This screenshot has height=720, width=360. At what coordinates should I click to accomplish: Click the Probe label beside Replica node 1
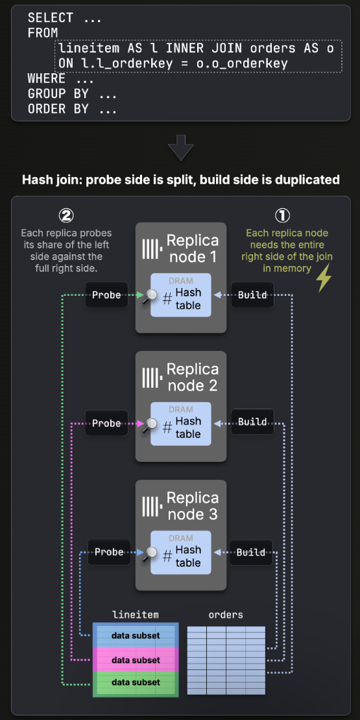[106, 294]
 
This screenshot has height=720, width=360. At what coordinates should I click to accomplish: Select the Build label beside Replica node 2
[252, 422]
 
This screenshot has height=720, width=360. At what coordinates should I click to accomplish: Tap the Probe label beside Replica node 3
[109, 552]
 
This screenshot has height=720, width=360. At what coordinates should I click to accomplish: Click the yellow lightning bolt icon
[324, 278]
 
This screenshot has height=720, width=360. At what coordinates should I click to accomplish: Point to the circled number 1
[283, 215]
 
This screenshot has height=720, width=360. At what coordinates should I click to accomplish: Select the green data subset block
[136, 682]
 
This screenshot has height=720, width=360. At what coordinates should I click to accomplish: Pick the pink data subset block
[136, 660]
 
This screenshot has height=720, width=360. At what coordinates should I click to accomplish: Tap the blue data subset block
[136, 636]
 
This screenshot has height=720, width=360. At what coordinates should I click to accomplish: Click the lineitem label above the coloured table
[136, 614]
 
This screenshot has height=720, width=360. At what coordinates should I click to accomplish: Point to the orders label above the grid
[226, 614]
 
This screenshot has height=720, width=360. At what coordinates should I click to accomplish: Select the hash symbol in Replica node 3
[167, 557]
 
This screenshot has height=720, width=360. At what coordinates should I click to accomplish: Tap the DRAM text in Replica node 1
[181, 281]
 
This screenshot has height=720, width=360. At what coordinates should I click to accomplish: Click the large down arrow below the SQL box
[180, 147]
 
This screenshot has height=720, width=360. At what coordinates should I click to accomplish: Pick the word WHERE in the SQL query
[46, 78]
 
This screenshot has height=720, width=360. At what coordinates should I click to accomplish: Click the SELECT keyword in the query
[51, 18]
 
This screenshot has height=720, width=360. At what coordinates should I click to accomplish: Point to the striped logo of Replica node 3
[151, 505]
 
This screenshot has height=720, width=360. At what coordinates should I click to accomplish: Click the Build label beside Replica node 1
[252, 294]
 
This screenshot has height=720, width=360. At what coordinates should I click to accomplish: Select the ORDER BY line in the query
[72, 109]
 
